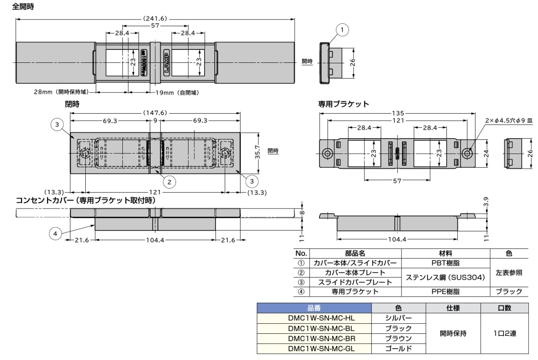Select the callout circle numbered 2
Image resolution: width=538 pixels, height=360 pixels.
coord(169,181)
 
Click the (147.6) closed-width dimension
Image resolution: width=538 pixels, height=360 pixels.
coord(155,112)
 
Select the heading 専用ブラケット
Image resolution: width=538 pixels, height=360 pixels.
coord(343,104)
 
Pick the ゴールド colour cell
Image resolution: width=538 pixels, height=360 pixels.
coord(398,348)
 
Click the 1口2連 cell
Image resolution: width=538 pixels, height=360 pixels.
coord(505,333)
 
